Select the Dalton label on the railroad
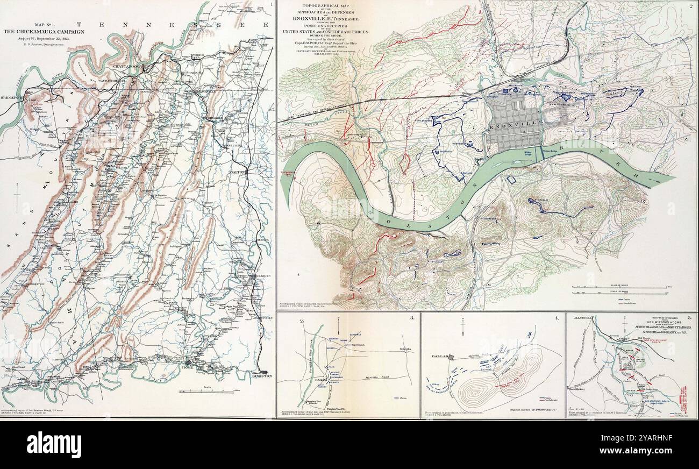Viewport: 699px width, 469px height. pos(238,172)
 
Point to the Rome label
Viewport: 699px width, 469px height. pos(188,367)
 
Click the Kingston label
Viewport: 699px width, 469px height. pos(262,376)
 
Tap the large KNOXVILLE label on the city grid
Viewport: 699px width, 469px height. pos(514,129)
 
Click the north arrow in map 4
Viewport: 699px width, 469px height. pos(463,326)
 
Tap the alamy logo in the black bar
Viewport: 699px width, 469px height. pos(54,445)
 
